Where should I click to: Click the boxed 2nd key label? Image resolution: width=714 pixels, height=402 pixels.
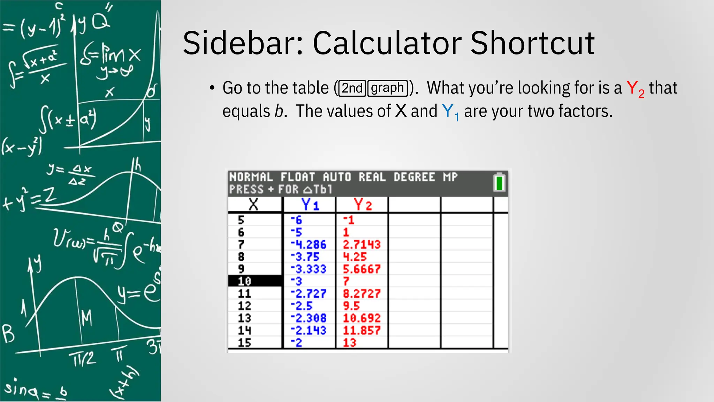pos(352,88)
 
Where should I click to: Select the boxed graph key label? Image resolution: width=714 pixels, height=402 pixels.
pos(387,88)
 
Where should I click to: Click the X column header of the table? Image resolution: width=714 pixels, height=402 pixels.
pos(253,204)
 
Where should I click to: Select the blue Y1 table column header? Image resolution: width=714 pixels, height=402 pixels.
pos(310,204)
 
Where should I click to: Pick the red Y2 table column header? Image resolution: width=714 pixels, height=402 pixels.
pos(363,204)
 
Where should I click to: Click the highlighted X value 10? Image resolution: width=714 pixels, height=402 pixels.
pos(244,281)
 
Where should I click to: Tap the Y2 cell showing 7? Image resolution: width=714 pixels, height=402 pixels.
pos(346,281)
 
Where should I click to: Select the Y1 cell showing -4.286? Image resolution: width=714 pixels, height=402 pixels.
pos(309,244)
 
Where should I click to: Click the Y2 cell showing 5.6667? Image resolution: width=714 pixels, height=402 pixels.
pos(362,269)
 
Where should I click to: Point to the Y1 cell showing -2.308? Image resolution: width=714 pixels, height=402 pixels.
pos(309,318)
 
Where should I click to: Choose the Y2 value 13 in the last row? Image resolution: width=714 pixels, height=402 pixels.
pos(349,343)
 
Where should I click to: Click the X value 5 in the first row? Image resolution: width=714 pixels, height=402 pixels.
pos(241,220)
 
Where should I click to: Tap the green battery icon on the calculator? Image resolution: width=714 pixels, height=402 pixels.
pos(499,183)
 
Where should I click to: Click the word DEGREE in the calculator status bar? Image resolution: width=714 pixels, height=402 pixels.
pos(414,177)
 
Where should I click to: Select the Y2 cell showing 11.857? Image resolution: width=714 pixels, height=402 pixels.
pos(362,330)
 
